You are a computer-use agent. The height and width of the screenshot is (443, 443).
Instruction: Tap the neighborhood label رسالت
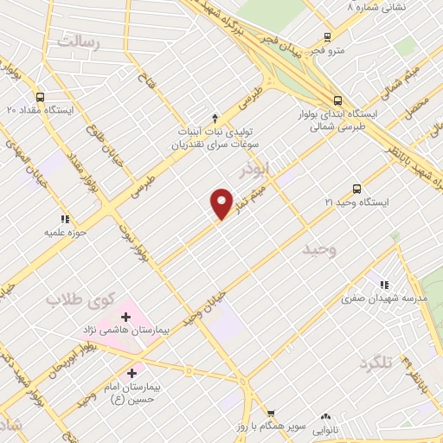click(78, 41)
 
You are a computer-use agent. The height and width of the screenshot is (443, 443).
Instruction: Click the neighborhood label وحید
click(319, 249)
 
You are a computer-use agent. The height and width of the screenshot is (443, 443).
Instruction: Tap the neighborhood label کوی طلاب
click(80, 299)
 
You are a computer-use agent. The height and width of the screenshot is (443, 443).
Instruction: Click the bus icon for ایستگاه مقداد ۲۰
click(41, 98)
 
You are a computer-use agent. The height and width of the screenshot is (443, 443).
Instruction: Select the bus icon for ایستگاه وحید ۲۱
click(356, 189)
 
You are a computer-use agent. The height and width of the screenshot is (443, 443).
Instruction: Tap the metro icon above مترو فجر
click(327, 37)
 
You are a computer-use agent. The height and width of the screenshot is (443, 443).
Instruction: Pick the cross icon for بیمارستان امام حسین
click(132, 374)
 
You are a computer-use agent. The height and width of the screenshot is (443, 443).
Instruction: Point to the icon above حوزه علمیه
click(63, 220)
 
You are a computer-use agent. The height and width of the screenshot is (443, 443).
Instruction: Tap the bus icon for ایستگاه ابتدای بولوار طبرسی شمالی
click(337, 99)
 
